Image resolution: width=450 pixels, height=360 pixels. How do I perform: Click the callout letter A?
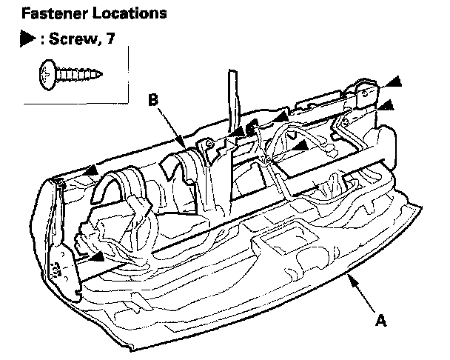pos(381,321)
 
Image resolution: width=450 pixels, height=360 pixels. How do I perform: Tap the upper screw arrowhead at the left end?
pos(90,171)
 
